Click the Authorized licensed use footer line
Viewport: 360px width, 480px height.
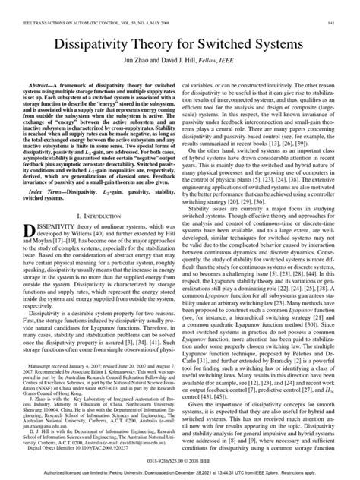coord(180,473)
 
